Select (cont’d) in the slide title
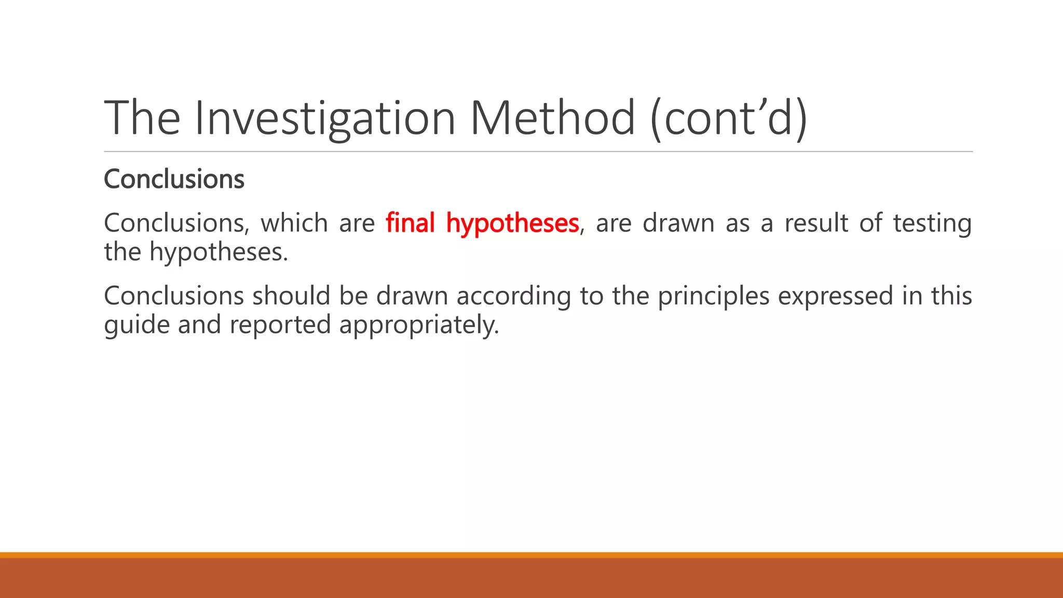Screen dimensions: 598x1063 [729, 118]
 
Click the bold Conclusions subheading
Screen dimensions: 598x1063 [174, 180]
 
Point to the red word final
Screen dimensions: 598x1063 [410, 223]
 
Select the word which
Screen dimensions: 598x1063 [294, 223]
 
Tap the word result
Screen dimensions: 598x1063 [816, 223]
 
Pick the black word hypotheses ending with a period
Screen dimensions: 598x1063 [219, 253]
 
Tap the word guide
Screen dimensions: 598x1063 [137, 325]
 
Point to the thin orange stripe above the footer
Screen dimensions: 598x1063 [531, 555]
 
